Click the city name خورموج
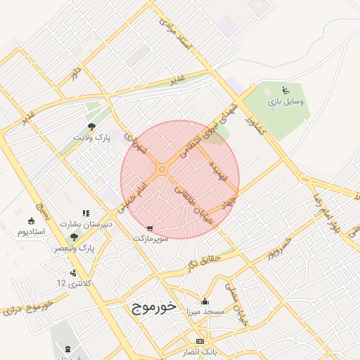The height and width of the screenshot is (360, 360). pyautogui.click(x=153, y=307)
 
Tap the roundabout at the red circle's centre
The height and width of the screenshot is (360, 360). pyautogui.click(x=162, y=169)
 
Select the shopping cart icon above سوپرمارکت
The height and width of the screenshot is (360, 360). pyautogui.click(x=150, y=229)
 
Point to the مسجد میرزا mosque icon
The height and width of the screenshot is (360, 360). pyautogui.click(x=205, y=300)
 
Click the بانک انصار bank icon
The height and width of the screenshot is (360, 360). pyautogui.click(x=200, y=341)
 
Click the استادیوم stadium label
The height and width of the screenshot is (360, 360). pyautogui.click(x=31, y=231)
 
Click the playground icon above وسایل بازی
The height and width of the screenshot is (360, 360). pyautogui.click(x=285, y=90)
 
